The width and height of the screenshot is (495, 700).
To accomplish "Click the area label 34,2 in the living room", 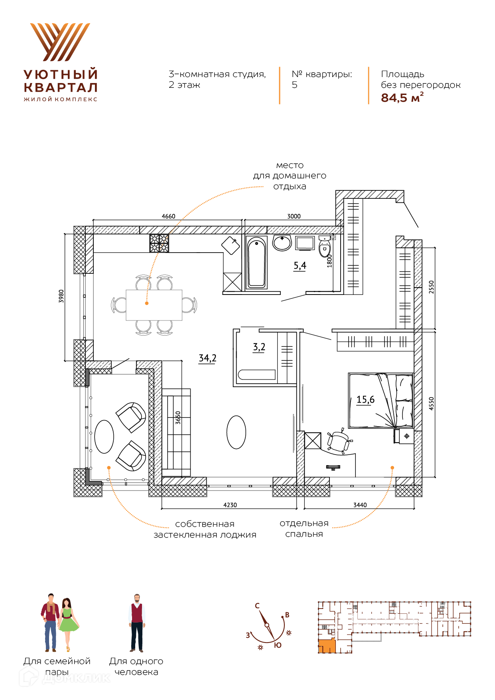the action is click(x=207, y=358).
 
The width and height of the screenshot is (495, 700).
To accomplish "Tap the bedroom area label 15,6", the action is click(x=365, y=399).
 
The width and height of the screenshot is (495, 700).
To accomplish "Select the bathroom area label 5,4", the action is click(x=300, y=266).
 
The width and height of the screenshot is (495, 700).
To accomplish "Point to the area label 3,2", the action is click(x=259, y=347).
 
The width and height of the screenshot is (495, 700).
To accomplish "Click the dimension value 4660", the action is click(x=168, y=216).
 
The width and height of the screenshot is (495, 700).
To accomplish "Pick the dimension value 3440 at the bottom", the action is click(x=360, y=505).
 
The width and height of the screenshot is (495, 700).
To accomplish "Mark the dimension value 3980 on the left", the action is click(x=61, y=296).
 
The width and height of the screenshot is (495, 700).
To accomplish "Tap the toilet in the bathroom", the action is click(x=325, y=247).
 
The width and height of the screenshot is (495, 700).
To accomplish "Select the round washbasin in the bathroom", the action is click(x=282, y=243).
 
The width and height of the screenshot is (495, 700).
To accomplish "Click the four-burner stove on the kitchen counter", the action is click(x=159, y=243).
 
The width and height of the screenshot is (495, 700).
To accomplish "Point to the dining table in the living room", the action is click(x=154, y=305).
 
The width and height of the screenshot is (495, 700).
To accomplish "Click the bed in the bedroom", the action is click(x=381, y=401).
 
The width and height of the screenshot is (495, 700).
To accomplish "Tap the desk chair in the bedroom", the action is click(x=338, y=441).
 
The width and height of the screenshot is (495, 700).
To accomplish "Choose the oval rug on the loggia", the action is click(x=105, y=437).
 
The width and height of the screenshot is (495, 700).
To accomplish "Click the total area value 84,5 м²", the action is click(x=402, y=97).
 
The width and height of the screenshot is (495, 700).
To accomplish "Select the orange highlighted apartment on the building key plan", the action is click(x=327, y=646).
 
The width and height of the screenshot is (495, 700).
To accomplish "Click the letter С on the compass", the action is click(x=257, y=606).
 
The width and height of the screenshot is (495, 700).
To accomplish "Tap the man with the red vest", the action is click(x=137, y=623).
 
